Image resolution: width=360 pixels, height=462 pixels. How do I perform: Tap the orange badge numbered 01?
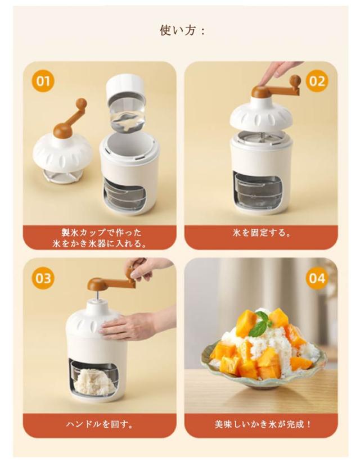(43, 81)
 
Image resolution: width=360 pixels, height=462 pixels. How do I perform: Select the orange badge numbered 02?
(317, 81)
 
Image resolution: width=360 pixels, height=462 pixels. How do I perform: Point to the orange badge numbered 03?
(43, 278)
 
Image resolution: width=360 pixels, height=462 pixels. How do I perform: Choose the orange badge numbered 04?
(317, 278)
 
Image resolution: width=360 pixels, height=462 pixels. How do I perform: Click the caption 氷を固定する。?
(261, 233)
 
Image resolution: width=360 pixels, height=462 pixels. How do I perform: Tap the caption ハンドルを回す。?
(100, 424)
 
